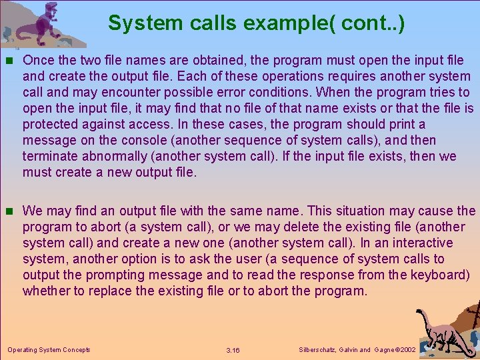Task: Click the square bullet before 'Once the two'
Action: (9, 60)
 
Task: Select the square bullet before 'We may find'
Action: (9, 211)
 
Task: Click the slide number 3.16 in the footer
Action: (233, 350)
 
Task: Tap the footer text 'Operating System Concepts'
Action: (49, 349)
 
